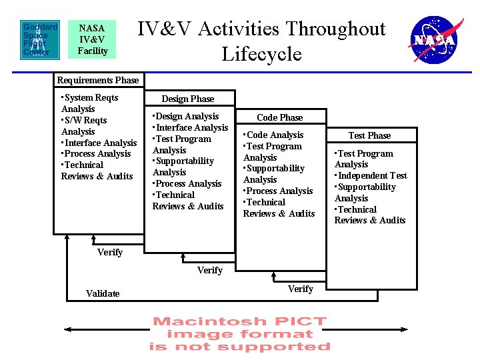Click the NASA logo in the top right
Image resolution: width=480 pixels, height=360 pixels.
tap(434, 39)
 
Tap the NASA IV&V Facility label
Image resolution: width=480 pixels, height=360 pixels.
tap(92, 39)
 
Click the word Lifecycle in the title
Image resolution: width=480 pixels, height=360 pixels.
tap(261, 54)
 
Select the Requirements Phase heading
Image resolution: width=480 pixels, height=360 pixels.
tap(98, 80)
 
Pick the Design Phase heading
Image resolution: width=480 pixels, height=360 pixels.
tap(189, 99)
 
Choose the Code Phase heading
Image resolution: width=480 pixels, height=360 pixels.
tap(280, 117)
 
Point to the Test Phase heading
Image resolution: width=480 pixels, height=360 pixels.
tap(369, 135)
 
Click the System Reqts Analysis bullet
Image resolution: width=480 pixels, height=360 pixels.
tap(89, 103)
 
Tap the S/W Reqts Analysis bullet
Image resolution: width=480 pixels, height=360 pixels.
tap(83, 125)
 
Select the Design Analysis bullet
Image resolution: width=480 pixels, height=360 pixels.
tap(186, 116)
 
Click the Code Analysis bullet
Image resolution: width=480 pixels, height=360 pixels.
tap(275, 135)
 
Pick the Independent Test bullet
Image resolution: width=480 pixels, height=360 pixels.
tap(371, 175)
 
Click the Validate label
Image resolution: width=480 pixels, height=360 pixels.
tap(103, 293)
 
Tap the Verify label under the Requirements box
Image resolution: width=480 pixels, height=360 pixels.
tap(110, 252)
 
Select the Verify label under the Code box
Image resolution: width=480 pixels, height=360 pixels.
tap(300, 289)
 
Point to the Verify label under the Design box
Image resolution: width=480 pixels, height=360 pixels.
tap(210, 270)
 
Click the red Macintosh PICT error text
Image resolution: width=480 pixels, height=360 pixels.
tap(240, 334)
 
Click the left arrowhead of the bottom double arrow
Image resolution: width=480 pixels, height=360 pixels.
tap(67, 329)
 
